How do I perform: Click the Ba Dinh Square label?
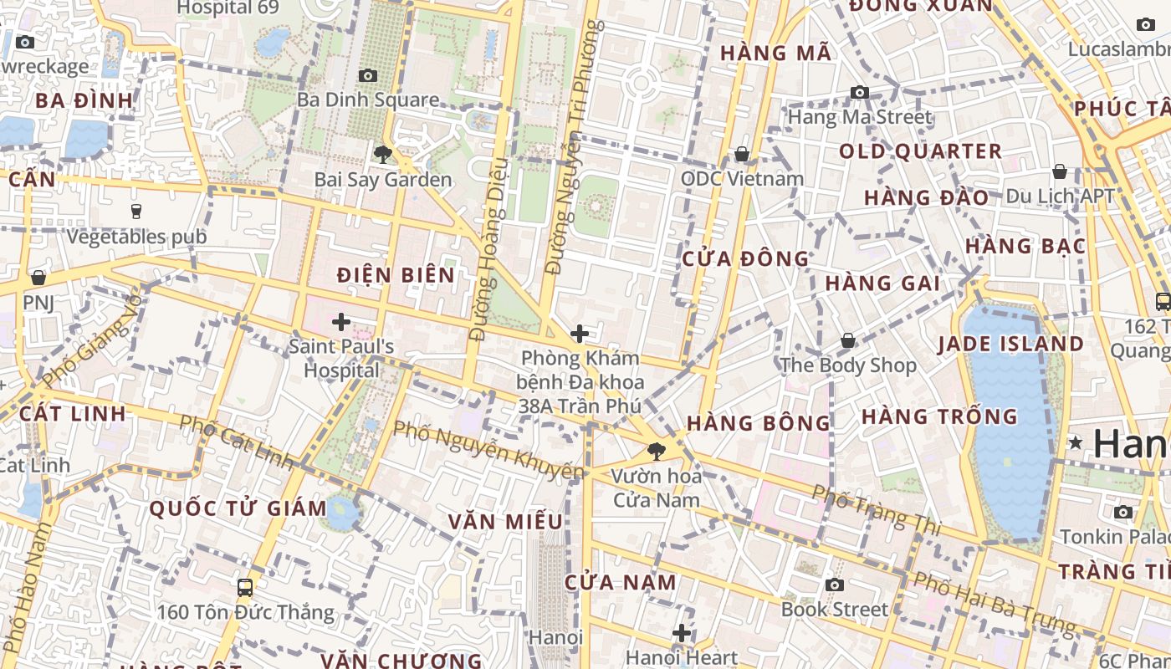(368, 100)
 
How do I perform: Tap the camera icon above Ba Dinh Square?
(368, 76)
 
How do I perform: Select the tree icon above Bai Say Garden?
(383, 154)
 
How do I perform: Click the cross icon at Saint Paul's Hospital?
(341, 321)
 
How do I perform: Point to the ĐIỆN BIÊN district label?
(396, 275)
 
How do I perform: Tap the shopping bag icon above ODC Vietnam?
(741, 154)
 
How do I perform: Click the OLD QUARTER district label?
(920, 151)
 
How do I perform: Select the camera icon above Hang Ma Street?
(859, 92)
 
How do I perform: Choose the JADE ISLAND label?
(1010, 344)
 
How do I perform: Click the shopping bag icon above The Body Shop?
(848, 340)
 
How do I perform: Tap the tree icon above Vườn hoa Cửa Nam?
(657, 452)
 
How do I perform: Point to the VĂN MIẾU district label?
(505, 522)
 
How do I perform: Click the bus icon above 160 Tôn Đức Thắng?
(245, 587)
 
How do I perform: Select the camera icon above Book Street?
(834, 585)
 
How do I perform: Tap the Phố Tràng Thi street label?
(876, 509)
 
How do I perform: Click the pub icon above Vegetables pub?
(136, 211)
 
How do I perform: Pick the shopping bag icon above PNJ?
(38, 277)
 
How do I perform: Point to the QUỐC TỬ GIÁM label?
(238, 508)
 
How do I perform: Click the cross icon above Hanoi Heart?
(682, 633)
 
